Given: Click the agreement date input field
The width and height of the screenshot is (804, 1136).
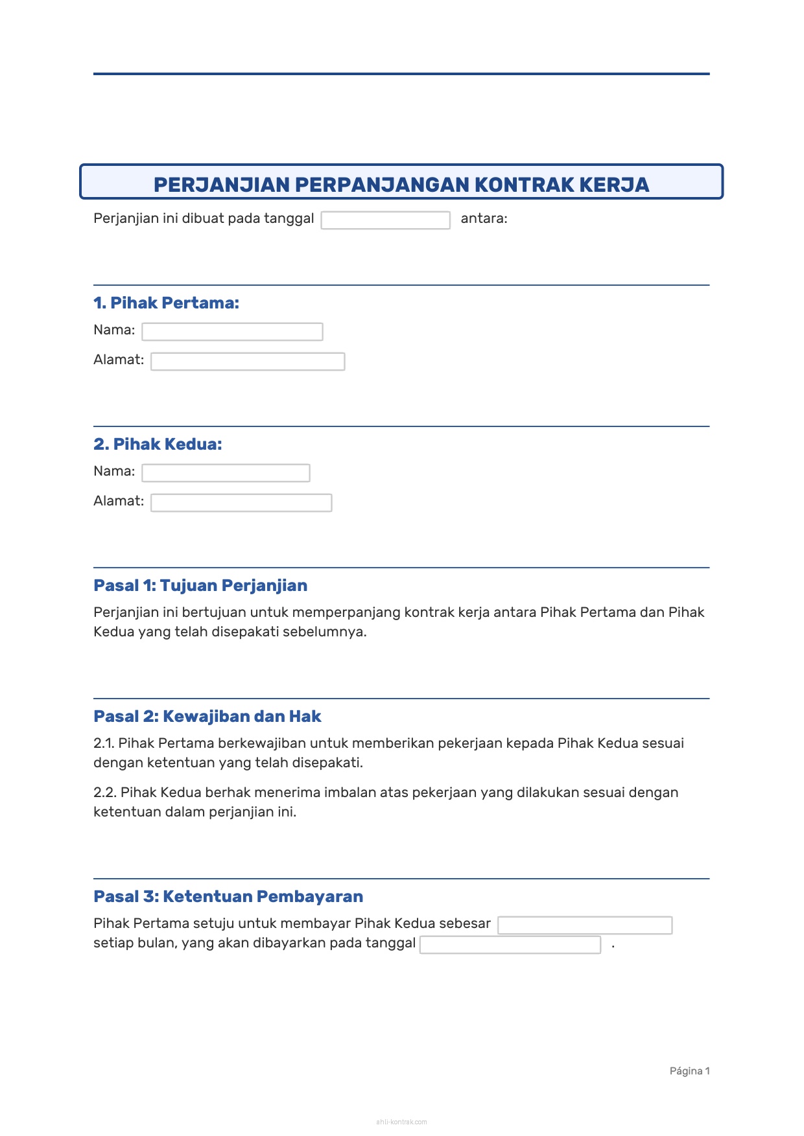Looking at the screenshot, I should pyautogui.click(x=385, y=220).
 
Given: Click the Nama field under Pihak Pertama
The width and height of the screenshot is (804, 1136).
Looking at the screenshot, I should pyautogui.click(x=232, y=332).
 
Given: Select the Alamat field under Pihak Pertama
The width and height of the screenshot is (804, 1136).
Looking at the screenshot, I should pyautogui.click(x=248, y=362).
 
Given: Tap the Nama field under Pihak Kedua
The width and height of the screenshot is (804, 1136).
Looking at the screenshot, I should pyautogui.click(x=226, y=473).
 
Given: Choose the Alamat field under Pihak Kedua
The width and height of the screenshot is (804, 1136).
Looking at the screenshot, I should pyautogui.click(x=241, y=503).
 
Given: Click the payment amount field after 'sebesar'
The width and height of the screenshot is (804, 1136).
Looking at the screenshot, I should pyautogui.click(x=585, y=925).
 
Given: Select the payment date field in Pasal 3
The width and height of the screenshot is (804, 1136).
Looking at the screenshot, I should pyautogui.click(x=510, y=945).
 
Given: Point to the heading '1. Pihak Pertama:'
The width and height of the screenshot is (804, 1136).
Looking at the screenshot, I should pyautogui.click(x=166, y=303).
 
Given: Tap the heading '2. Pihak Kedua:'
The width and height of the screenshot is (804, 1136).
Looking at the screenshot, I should pyautogui.click(x=158, y=444).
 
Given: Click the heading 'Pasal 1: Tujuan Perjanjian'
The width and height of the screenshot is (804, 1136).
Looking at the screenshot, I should pyautogui.click(x=200, y=585).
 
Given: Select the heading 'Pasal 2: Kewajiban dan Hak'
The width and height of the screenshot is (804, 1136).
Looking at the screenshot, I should pyautogui.click(x=207, y=716).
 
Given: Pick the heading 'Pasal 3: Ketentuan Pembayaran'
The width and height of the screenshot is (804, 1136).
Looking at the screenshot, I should pyautogui.click(x=228, y=896).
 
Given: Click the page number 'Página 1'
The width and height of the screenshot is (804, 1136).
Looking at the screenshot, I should pyautogui.click(x=689, y=1071).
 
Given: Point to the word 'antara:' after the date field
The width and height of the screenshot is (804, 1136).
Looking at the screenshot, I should pyautogui.click(x=484, y=218).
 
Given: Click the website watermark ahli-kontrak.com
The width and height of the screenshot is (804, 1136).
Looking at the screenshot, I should pyautogui.click(x=401, y=1122).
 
